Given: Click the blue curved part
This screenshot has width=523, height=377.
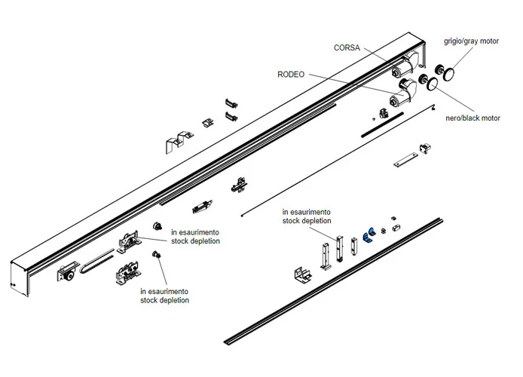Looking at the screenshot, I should pyautogui.click(x=369, y=236).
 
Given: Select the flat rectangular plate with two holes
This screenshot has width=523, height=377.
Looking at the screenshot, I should pyautogui.click(x=405, y=161).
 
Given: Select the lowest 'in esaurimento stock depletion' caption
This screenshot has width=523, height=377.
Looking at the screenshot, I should pyautogui.click(x=164, y=295).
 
